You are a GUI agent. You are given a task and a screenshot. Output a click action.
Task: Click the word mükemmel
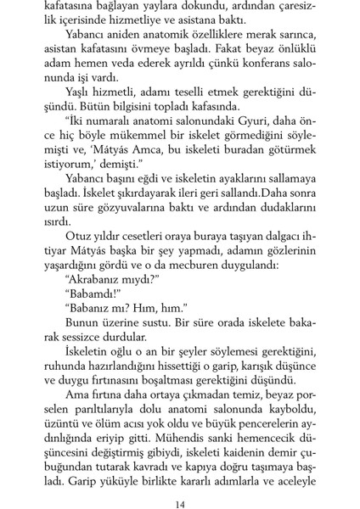(149, 146)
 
